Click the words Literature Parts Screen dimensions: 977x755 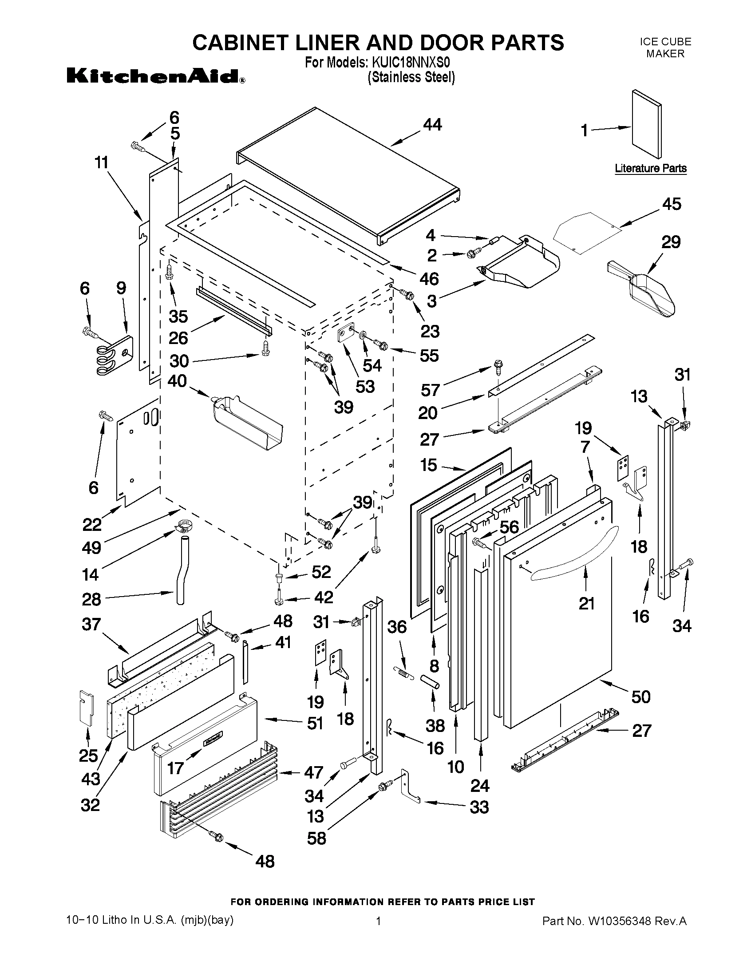point(650,168)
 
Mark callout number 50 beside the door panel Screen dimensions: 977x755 point(640,696)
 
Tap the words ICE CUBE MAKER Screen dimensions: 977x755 point(665,47)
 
